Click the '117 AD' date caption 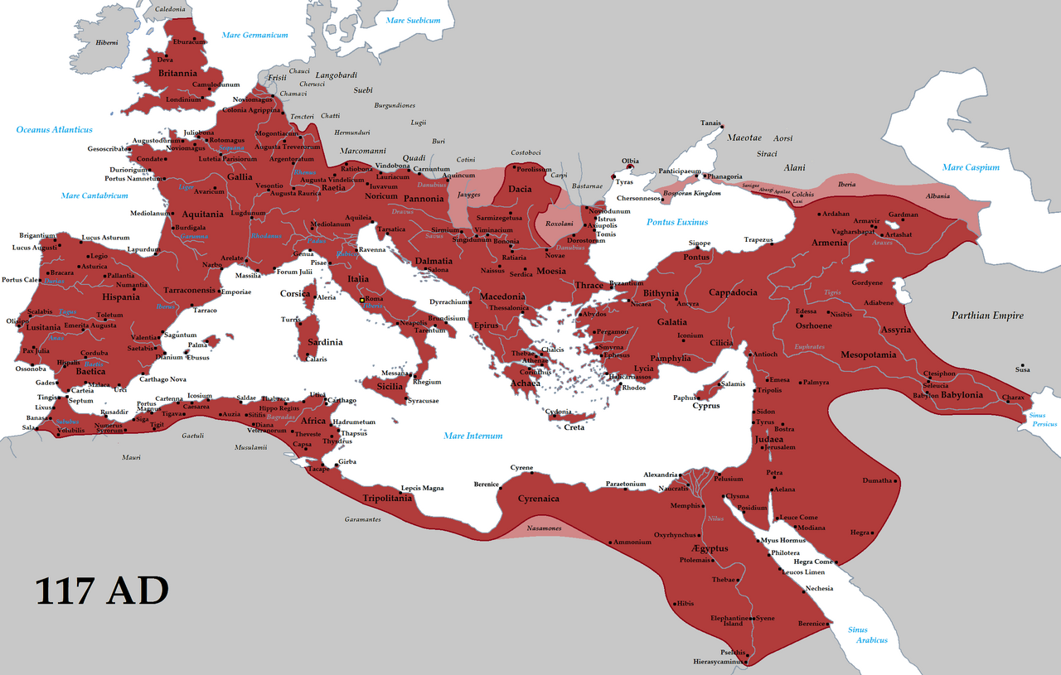click(x=102, y=591)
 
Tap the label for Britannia click(x=177, y=73)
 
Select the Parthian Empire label click(x=986, y=316)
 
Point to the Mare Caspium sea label click(x=970, y=167)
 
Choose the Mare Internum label click(x=472, y=436)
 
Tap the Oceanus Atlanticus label click(x=55, y=130)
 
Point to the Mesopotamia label click(x=869, y=354)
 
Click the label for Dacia click(x=520, y=190)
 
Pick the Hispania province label click(x=121, y=297)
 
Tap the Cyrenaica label click(x=539, y=499)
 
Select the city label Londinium click(x=183, y=99)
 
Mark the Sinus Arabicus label click(x=867, y=635)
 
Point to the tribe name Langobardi click(x=336, y=75)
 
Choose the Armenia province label click(x=830, y=243)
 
